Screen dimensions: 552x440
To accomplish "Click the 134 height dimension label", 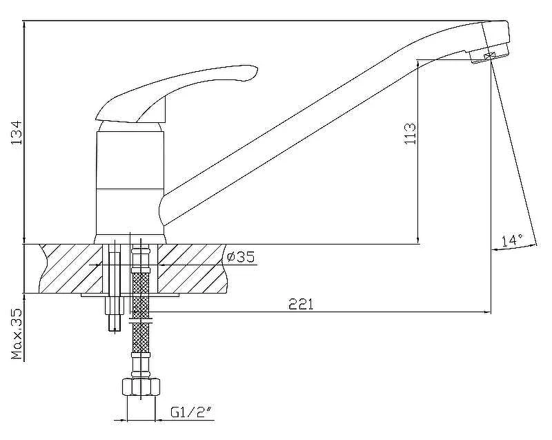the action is [16, 133].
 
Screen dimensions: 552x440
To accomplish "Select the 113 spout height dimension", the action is [410, 133].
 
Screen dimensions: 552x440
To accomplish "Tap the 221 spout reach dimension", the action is [301, 304].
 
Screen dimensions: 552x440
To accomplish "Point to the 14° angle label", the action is [512, 240].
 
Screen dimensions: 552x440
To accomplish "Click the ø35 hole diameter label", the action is [241, 257].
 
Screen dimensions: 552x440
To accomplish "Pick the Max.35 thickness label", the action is [17, 334].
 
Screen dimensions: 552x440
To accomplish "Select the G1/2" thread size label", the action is [192, 412].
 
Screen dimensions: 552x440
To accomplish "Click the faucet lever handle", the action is [176, 93].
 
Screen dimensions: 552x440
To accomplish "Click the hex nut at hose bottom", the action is [141, 387].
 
